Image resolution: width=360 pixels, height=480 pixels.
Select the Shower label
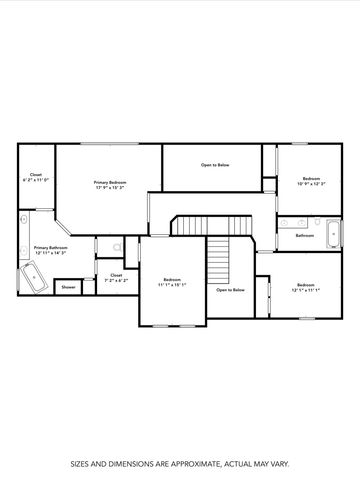69,287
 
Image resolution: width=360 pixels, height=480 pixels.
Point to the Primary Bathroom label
50,247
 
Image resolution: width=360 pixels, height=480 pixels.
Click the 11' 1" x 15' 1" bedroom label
172,283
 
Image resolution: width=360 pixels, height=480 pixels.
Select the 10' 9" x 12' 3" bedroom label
311,182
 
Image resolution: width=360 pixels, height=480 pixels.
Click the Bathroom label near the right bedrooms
305,235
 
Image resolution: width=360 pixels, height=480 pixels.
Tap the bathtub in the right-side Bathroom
335,234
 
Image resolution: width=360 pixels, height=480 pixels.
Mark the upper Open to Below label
215,164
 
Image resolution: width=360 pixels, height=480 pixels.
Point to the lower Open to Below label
231,290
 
